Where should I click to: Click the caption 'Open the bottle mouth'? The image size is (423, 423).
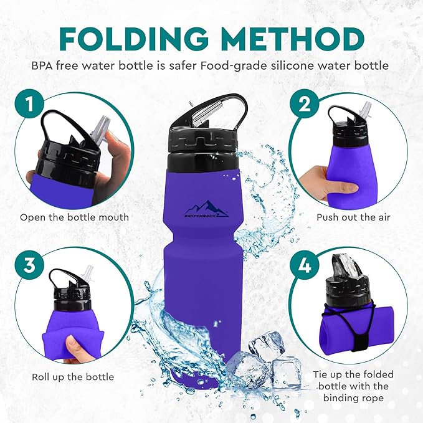click(x=74, y=217)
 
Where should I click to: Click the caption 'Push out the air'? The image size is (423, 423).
click(x=349, y=217)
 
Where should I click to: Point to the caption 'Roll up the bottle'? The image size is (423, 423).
click(x=73, y=377)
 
